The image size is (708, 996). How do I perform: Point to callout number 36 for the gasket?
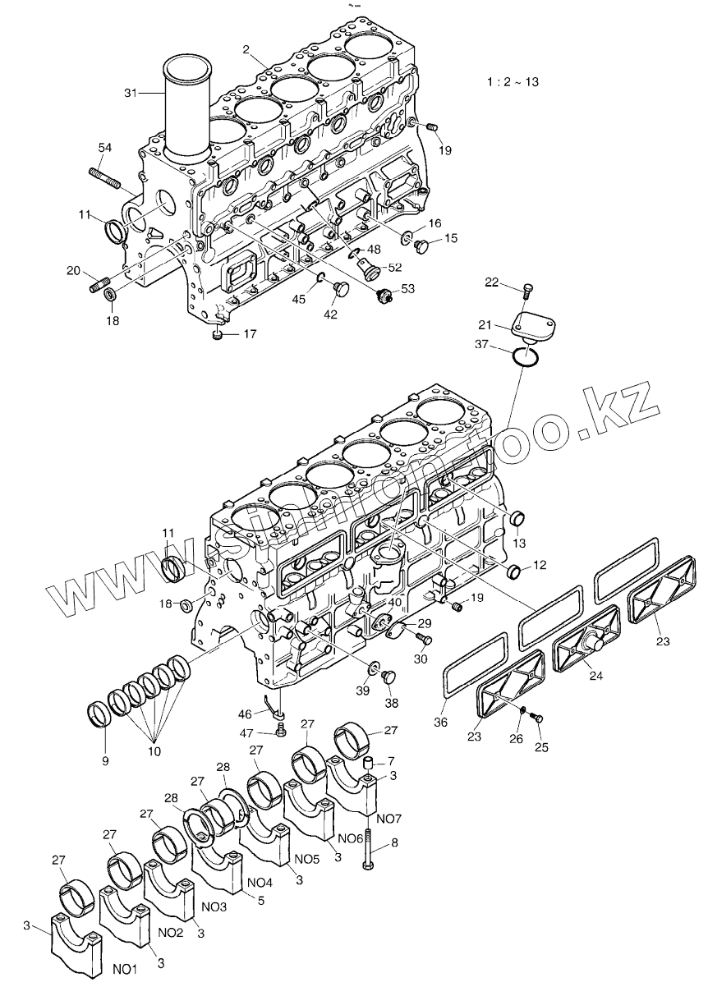[x=441, y=721]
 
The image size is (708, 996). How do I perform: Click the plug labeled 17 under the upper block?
[x=217, y=334]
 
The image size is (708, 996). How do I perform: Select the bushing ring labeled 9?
[x=101, y=714]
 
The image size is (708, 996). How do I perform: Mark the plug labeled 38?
[x=389, y=677]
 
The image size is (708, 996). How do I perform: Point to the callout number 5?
[x=262, y=901]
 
